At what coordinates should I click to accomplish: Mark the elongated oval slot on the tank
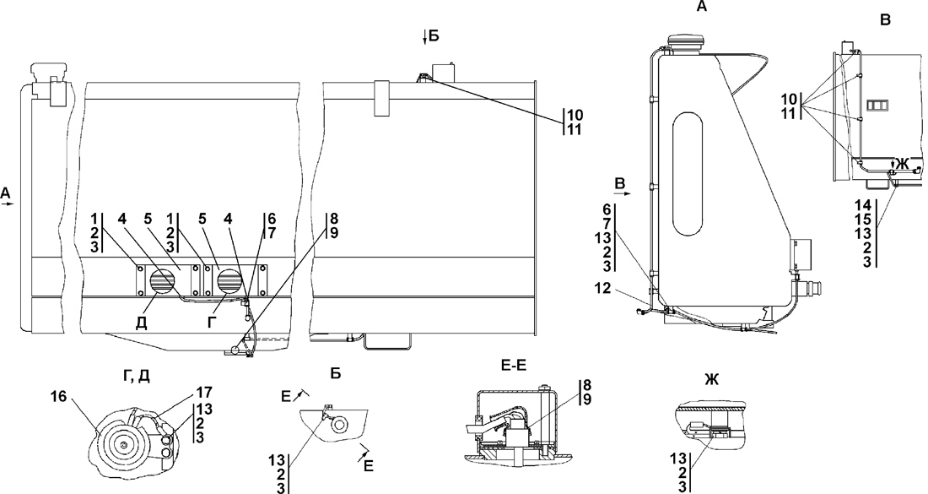687,176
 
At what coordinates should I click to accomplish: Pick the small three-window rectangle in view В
877,105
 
